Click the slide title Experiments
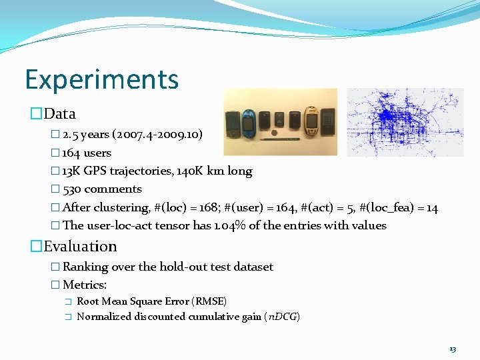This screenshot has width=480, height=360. click(x=102, y=79)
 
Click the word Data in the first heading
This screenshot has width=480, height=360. click(x=60, y=113)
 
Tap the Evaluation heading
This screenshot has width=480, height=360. click(x=80, y=246)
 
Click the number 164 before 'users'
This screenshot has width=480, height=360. click(x=71, y=153)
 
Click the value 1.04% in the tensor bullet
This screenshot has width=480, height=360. click(x=231, y=225)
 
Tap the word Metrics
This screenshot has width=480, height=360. click(x=85, y=285)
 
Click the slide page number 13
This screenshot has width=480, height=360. click(x=453, y=349)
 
